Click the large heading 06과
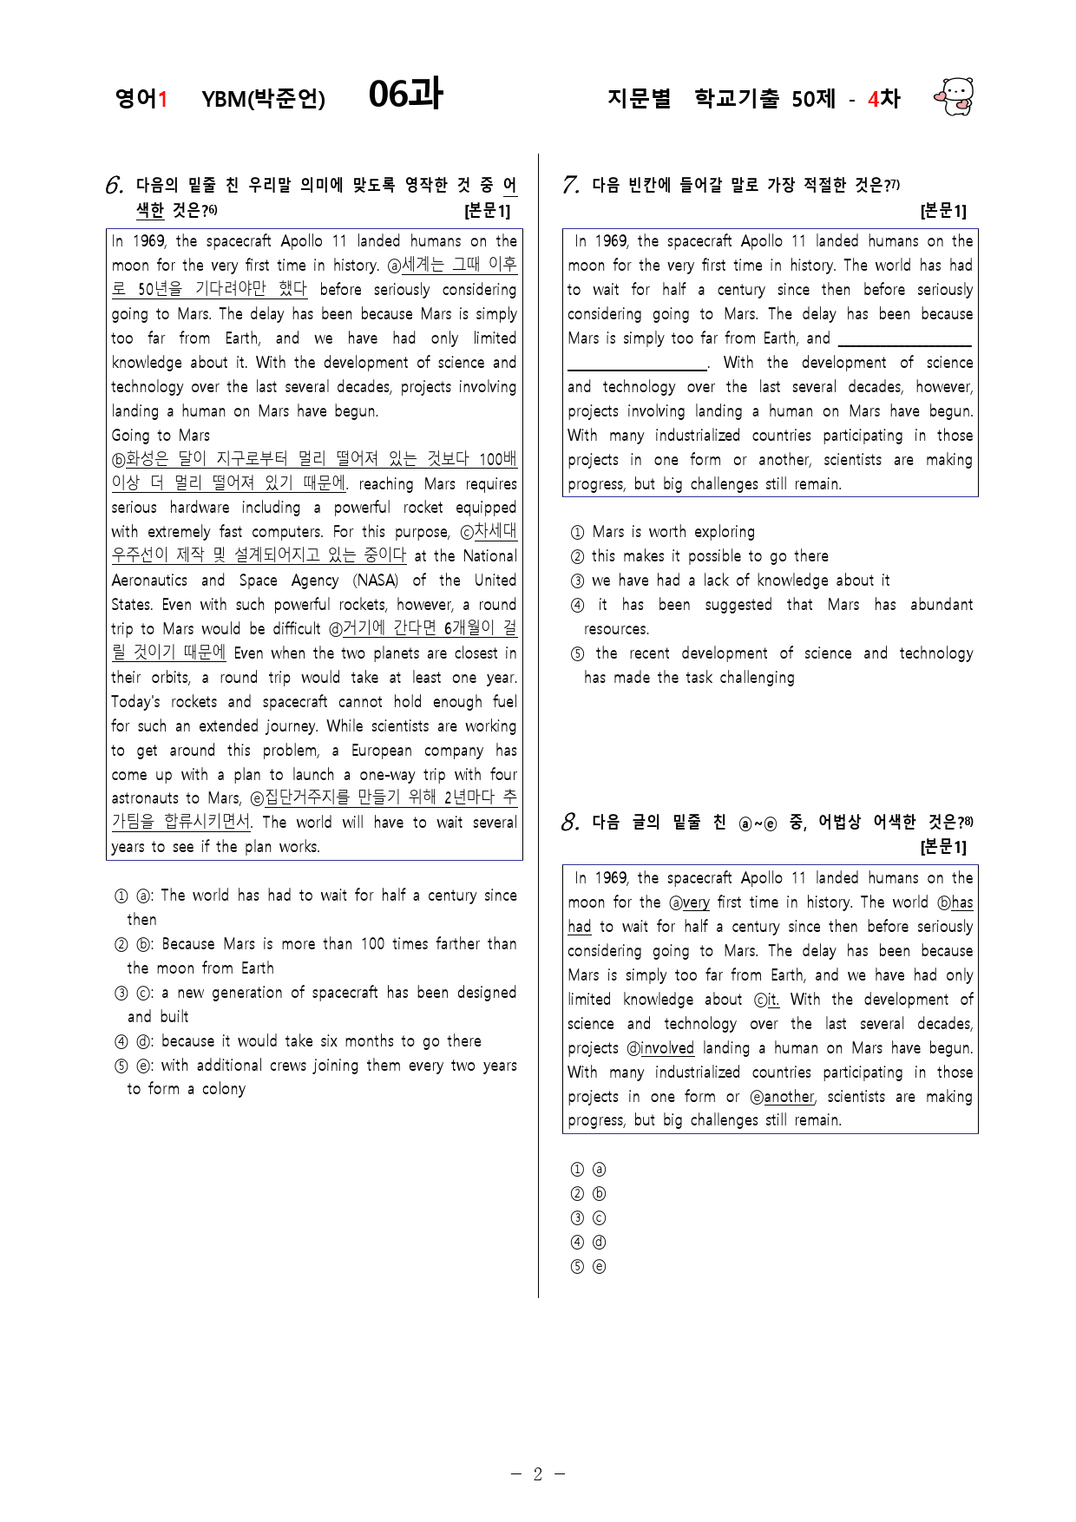click(x=405, y=95)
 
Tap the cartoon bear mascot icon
click(x=955, y=96)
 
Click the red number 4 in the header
click(x=873, y=99)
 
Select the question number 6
click(x=115, y=186)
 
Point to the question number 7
click(x=570, y=185)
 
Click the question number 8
click(x=570, y=822)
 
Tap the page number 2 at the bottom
click(x=537, y=1474)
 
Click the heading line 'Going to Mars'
click(x=161, y=436)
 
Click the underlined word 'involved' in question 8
click(x=667, y=1048)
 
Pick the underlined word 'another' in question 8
click(x=789, y=1097)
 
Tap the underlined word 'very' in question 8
click(x=696, y=902)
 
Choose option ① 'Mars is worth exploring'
click(x=672, y=532)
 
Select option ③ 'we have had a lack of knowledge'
click(x=740, y=581)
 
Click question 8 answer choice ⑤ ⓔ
click(x=588, y=1267)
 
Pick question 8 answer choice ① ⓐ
click(x=588, y=1170)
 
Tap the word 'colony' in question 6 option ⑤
click(x=224, y=1089)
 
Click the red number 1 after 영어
click(x=162, y=99)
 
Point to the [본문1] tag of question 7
click(x=943, y=211)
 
